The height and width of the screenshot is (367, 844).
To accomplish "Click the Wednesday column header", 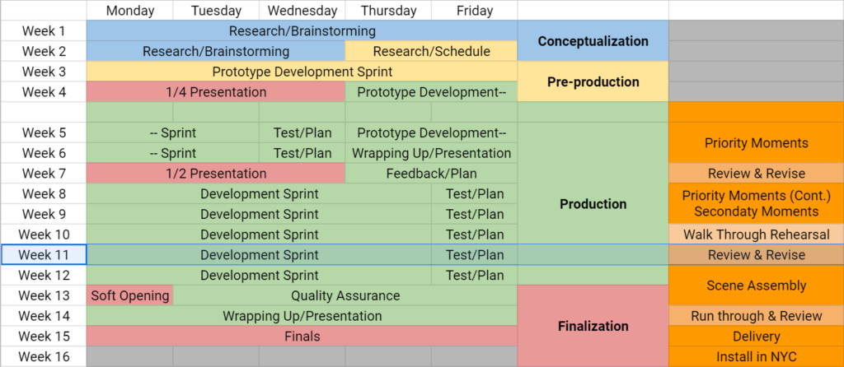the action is coord(302,11).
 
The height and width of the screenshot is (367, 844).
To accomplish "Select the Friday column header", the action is coord(474,11).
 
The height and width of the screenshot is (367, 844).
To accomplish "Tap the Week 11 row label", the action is coord(44,255).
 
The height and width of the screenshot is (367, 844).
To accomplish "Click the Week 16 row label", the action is coord(44,356).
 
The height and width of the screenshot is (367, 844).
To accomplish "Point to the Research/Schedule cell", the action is coord(431,52).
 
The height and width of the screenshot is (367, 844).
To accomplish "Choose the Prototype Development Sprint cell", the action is coord(302,72).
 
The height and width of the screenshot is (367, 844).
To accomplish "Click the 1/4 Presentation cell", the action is coord(216,92).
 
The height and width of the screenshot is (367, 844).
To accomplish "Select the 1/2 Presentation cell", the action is coord(216,174).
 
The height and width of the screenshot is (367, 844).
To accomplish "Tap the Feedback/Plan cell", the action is coord(431,174).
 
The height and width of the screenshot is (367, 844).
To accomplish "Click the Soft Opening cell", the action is coord(129,295).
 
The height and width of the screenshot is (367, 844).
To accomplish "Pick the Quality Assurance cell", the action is coord(345,295).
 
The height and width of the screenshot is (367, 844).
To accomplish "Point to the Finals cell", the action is coord(302,337).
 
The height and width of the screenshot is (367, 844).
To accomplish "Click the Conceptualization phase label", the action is coord(593,41).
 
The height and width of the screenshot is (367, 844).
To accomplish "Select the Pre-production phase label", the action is coord(593,81).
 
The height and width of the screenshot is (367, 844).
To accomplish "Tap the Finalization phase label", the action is coord(593,326).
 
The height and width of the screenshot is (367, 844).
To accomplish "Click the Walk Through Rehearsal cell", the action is coord(757,235).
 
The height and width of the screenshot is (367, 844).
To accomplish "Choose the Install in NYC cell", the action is coord(757,356).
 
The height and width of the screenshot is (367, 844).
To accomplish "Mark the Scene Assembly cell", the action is coord(757,286).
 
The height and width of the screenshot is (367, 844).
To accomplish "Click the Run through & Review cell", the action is coord(757,316).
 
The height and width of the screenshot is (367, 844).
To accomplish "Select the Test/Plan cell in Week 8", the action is coord(474,193).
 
